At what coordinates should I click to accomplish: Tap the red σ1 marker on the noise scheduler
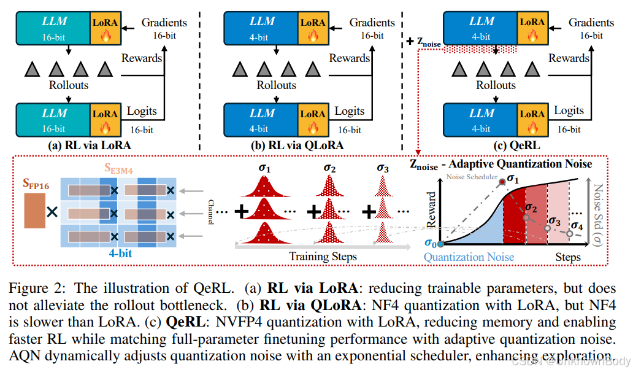(x=502, y=181)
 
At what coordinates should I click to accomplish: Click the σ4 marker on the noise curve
(x=570, y=233)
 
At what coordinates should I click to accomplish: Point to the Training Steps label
(x=323, y=256)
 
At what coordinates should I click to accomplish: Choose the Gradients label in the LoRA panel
(x=164, y=23)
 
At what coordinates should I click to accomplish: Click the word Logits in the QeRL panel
(x=569, y=112)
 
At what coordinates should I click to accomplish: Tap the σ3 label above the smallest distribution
(x=383, y=168)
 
